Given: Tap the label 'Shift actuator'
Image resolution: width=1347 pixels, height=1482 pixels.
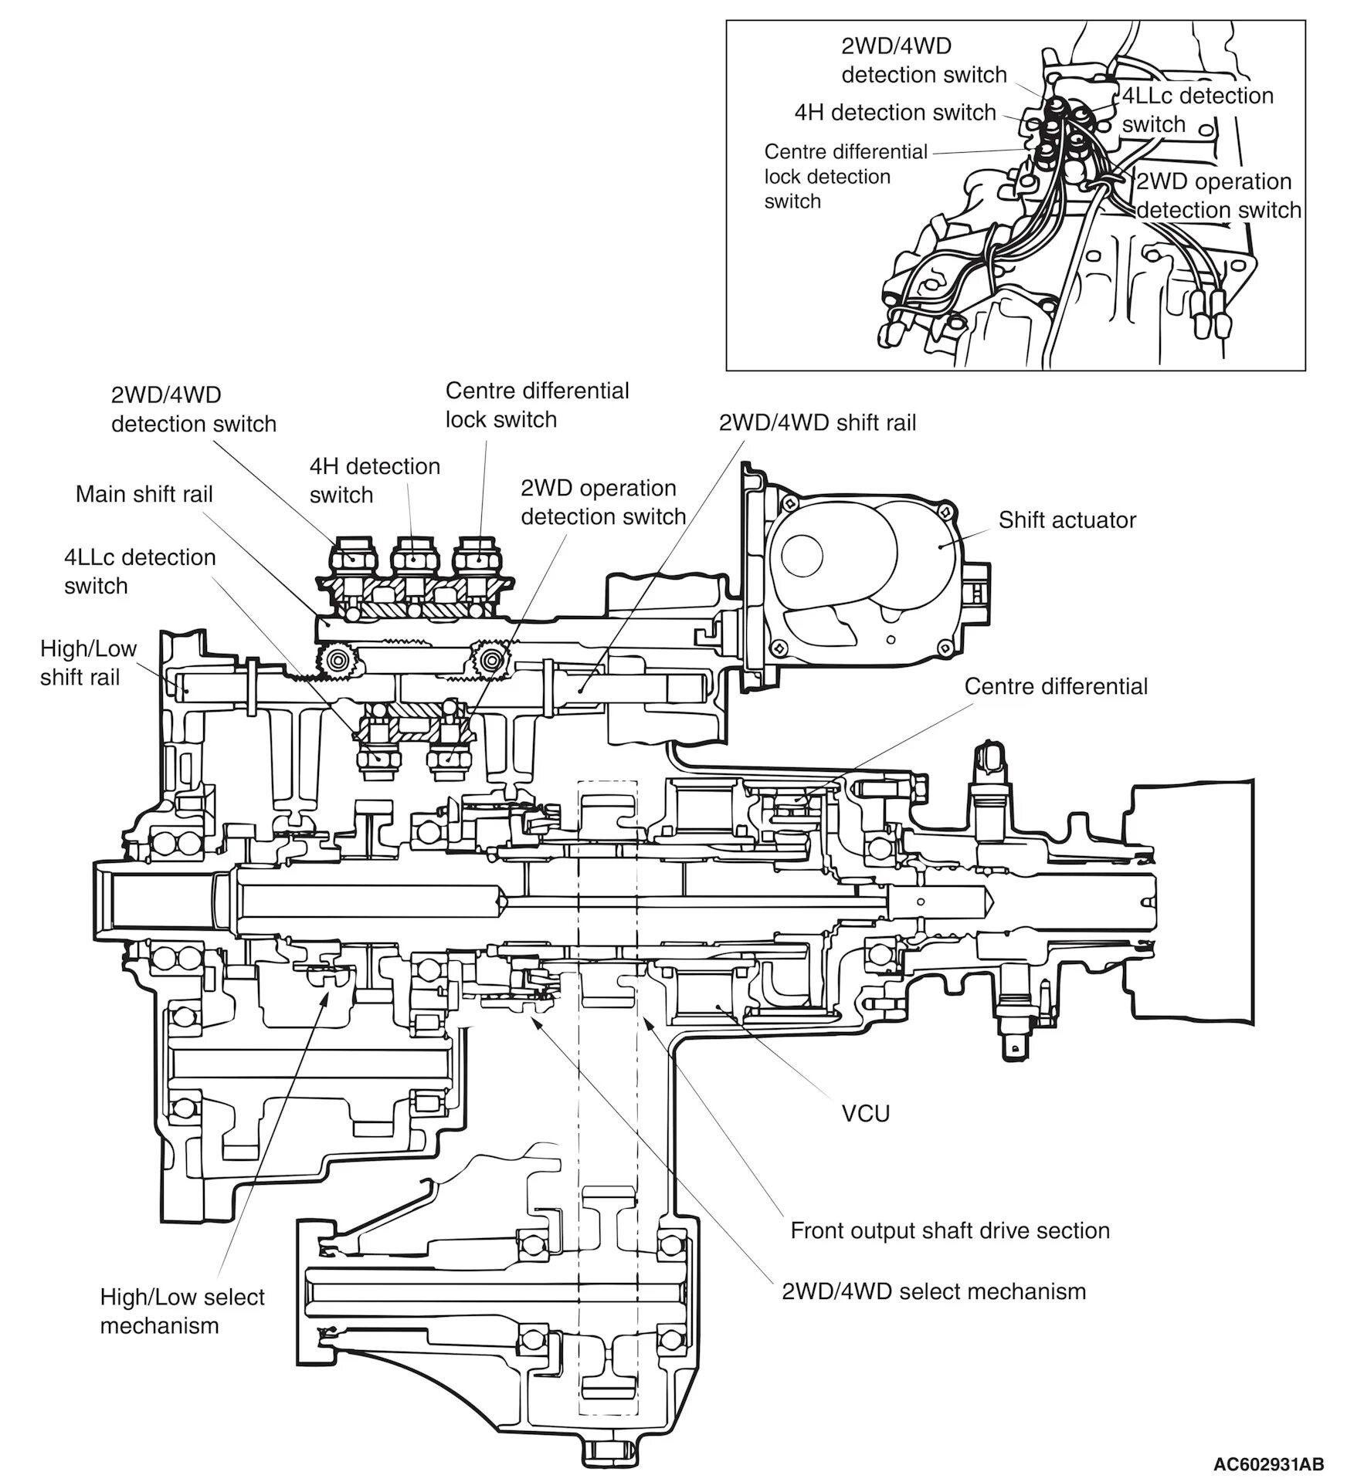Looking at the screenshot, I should coord(1067,519).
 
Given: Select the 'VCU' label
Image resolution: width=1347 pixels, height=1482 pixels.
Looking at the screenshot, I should coord(865,1113).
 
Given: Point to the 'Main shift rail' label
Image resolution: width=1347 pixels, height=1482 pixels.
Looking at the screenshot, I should coord(144,494).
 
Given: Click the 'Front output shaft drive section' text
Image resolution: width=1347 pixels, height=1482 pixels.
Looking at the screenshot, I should coord(949,1230).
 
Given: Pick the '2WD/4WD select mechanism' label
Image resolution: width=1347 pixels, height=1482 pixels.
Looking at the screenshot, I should coord(933,1291).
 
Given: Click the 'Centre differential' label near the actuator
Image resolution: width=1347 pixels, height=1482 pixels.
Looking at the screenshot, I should coord(1056,686).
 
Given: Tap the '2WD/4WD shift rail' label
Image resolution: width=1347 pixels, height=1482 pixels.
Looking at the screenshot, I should coord(817,423).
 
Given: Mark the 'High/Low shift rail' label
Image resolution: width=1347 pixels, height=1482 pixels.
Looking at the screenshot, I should coord(88,662).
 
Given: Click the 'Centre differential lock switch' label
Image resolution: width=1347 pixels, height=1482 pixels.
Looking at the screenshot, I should coord(537,404).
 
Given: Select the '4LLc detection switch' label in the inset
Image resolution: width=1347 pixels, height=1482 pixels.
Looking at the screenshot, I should coord(1196,110).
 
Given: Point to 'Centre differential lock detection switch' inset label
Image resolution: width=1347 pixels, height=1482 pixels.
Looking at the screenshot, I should coord(845,176).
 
